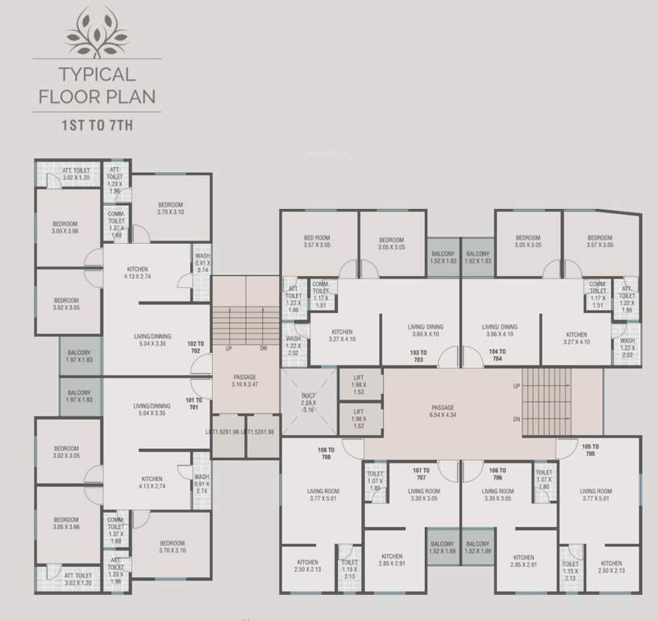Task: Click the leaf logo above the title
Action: tap(96, 31)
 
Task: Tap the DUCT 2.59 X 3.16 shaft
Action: tap(307, 400)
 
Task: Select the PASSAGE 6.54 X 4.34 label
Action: tap(443, 412)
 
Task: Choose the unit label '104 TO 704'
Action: tap(497, 356)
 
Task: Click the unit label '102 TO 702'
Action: tap(194, 348)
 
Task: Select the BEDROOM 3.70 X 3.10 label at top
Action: tap(170, 208)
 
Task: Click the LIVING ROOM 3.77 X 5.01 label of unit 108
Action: tap(323, 494)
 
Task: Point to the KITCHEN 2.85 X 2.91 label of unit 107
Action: tap(392, 560)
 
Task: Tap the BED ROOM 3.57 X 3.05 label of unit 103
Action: tap(318, 241)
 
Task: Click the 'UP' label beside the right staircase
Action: tap(515, 387)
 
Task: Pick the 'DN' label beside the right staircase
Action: tap(515, 419)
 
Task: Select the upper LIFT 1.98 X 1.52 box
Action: tap(360, 387)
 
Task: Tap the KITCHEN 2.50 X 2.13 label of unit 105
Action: tap(610, 567)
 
